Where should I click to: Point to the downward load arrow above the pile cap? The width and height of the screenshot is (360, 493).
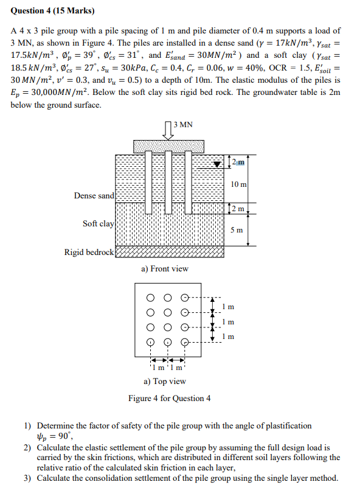pyautogui.click(x=168, y=130)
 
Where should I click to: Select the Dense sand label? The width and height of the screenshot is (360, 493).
pyautogui.click(x=94, y=195)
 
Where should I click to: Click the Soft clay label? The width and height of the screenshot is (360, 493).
pyautogui.click(x=98, y=223)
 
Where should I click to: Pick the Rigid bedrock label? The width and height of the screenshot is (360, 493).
pyautogui.click(x=89, y=251)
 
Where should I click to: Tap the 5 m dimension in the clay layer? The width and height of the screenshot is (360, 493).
pyautogui.click(x=237, y=229)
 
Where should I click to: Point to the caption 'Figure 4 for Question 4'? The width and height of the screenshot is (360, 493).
pyautogui.click(x=170, y=398)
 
